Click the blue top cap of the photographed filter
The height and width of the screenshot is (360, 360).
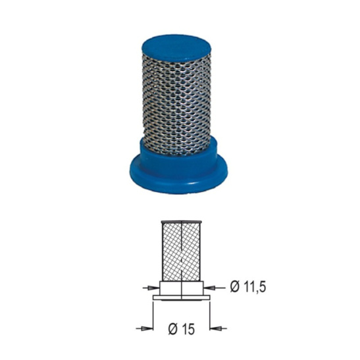176,48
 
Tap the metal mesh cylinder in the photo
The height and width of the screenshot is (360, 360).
176,103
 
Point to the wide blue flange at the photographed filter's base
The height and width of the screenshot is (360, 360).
178,177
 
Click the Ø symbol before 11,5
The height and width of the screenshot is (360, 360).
235,287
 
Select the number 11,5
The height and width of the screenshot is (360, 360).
255,287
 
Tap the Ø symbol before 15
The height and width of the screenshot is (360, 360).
173,329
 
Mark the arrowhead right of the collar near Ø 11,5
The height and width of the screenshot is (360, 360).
209,288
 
